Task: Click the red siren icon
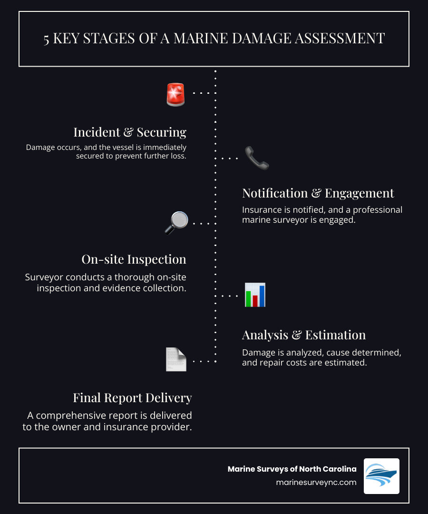point(175,94)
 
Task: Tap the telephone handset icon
point(257,158)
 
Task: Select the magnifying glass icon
point(176,222)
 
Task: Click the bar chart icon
point(255,295)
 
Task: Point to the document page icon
point(175,359)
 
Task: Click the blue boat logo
point(381,476)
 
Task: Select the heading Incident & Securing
point(130,132)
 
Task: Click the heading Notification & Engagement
point(318,193)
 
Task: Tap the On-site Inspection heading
point(134,259)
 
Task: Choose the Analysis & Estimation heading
point(303,335)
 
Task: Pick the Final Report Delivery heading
point(132,397)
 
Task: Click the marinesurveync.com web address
point(316,482)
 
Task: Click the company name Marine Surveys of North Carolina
point(292,469)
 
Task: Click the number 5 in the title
point(46,39)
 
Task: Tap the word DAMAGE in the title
point(232,39)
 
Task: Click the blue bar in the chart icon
point(262,296)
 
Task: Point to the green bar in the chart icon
point(248,298)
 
